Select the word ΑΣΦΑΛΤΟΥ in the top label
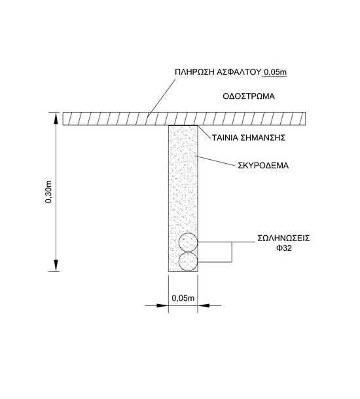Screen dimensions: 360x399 tap(238, 72)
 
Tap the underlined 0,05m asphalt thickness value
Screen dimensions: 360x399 tap(274, 72)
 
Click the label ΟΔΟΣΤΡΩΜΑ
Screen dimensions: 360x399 tap(249, 96)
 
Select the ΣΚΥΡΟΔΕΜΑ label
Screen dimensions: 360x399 tap(263, 166)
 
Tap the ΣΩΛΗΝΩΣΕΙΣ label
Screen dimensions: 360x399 tap(283, 238)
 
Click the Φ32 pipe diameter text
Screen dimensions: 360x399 tap(283, 248)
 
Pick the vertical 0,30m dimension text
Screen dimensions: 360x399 tap(48, 192)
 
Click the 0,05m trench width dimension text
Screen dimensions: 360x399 tap(183, 297)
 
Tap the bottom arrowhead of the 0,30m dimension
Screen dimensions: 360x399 tap(56, 265)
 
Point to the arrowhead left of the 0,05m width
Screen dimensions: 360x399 tap(162, 305)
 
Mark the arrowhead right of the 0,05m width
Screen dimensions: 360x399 tap(204, 305)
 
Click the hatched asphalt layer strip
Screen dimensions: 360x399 tap(184, 119)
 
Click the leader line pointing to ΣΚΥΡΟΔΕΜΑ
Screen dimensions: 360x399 tap(215, 161)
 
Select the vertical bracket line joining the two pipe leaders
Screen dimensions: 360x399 tap(232, 252)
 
